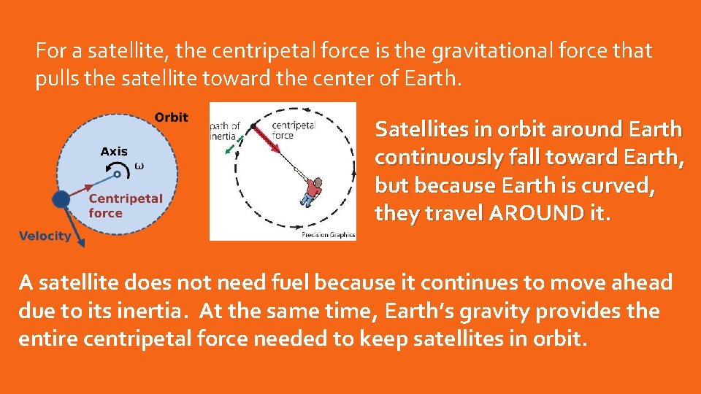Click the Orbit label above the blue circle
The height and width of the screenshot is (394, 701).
[x=171, y=117]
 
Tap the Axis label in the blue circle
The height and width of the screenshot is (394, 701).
[x=113, y=152]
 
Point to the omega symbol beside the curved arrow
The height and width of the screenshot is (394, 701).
[x=139, y=166]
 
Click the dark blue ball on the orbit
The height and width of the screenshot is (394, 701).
[x=61, y=198]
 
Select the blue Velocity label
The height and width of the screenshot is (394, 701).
[x=45, y=236]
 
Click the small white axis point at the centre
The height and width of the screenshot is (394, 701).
[x=118, y=174]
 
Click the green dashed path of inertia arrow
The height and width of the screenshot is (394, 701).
[x=230, y=149]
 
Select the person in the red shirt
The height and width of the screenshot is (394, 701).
[x=312, y=191]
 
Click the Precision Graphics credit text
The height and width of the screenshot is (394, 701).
[x=328, y=235]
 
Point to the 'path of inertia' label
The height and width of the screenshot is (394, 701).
[x=225, y=131]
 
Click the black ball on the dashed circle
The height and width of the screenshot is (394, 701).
[x=254, y=127]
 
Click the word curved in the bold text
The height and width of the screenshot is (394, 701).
[x=618, y=185]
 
